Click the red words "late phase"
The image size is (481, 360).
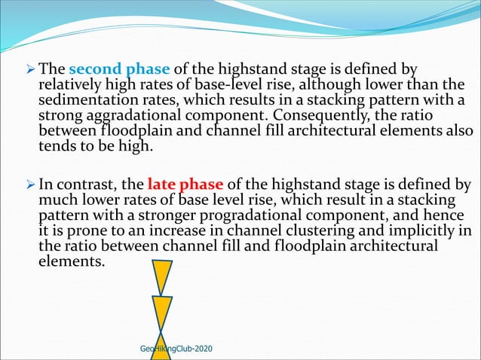(178, 184)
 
